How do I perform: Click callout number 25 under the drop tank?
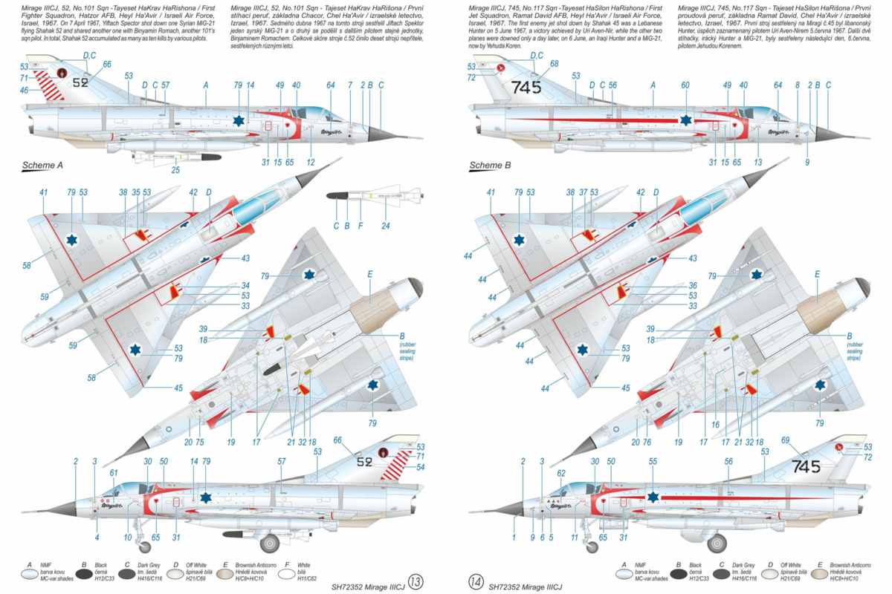(176, 170)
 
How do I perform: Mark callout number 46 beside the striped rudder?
(25, 91)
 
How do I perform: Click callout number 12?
(311, 162)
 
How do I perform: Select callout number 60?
(685, 85)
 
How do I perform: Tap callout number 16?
(716, 425)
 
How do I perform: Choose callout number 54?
(421, 467)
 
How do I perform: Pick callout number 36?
(692, 286)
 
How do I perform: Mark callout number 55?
(653, 461)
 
